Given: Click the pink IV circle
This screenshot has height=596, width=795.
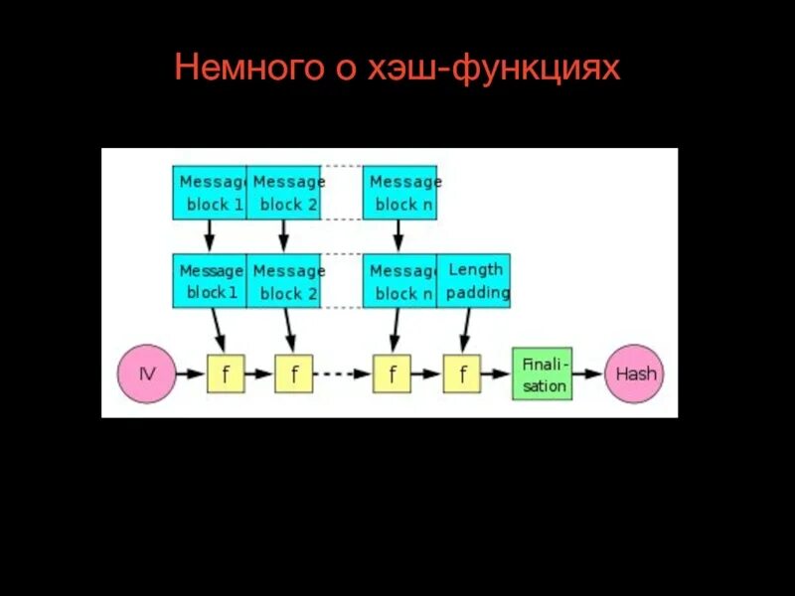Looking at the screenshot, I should [x=146, y=374].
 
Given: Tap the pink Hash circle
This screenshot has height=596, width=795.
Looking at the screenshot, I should [x=636, y=374].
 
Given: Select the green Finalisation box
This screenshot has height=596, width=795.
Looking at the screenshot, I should [x=543, y=374].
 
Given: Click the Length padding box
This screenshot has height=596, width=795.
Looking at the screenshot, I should [x=473, y=281].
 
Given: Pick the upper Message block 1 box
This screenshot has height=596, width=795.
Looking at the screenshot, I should [x=209, y=193].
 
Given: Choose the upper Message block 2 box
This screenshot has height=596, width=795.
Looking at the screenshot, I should [x=283, y=193].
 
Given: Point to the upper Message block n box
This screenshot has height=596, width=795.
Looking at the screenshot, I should [x=399, y=193].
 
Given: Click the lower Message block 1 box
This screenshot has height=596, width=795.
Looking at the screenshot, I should [x=209, y=281].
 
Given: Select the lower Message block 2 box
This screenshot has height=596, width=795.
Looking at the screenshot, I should [x=283, y=281].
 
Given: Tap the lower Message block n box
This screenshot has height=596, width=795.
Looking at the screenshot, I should [x=399, y=281].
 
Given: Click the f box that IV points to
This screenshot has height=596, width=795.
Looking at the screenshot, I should [x=225, y=374].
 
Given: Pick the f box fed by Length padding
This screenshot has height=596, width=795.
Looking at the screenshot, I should [x=461, y=374].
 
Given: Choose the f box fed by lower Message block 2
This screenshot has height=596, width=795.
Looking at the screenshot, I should [x=293, y=374].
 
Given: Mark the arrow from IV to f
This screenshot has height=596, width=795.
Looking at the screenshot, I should [x=190, y=374].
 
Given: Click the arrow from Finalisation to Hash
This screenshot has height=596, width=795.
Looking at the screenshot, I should [x=589, y=374].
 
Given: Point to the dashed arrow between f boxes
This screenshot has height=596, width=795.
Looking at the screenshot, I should [x=342, y=374].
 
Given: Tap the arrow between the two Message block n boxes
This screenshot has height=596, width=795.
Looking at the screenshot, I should [x=398, y=235].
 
